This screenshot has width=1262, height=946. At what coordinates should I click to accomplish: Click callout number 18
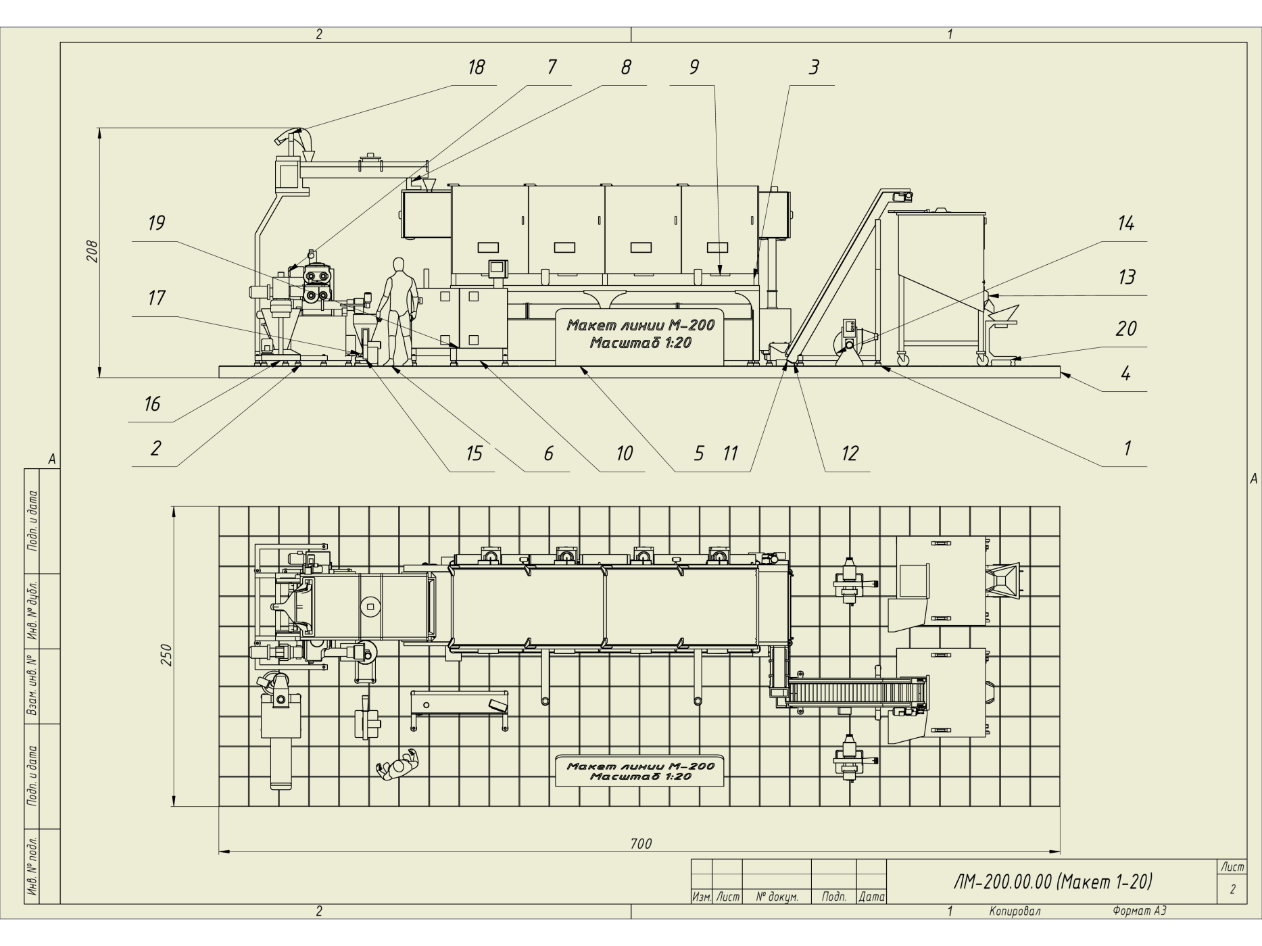(476, 67)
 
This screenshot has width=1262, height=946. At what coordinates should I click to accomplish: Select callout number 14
(1125, 223)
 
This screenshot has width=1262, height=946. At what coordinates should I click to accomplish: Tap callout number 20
(1125, 328)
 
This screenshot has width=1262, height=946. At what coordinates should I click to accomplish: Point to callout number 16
(152, 403)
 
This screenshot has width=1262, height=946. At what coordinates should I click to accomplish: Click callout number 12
(849, 453)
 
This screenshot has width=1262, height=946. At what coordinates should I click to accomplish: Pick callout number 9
(694, 67)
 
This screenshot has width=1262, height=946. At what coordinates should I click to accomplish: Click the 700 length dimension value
(641, 843)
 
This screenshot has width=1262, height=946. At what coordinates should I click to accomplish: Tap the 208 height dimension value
(93, 251)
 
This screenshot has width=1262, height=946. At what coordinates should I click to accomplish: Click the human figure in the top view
(398, 764)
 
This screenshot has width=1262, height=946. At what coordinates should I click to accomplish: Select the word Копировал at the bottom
(1015, 912)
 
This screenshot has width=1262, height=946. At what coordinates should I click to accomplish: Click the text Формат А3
(1140, 912)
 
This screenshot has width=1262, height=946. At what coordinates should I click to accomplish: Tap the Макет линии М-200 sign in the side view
(640, 334)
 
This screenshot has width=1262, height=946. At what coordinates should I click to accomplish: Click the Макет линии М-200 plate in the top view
(639, 771)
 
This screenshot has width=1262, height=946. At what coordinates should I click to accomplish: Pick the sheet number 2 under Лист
(1232, 889)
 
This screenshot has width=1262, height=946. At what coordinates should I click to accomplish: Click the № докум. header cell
(777, 897)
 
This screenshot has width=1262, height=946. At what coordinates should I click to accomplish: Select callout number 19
(156, 223)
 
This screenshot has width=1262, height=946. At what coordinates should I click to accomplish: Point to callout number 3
(814, 67)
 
